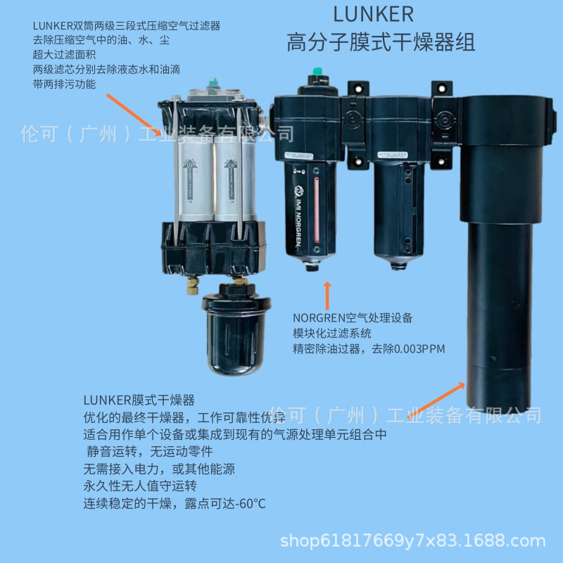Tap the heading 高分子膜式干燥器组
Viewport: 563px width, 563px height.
tap(381, 43)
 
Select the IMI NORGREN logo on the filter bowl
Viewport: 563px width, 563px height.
tap(299, 211)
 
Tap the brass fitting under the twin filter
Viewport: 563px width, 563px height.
tap(191, 286)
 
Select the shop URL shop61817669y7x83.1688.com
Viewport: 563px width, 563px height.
tap(413, 541)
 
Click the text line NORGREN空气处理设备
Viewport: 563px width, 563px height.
tap(353, 317)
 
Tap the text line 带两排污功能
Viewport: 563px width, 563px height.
tap(64, 84)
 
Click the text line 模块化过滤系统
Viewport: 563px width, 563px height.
tap(332, 333)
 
